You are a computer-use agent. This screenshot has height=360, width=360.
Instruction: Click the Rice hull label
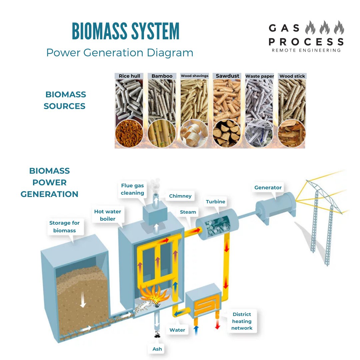point(129,76)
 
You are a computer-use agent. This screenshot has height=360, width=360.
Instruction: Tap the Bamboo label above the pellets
point(162,76)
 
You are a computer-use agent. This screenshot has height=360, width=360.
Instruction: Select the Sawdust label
point(227,76)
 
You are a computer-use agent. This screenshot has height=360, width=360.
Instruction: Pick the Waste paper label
point(260,76)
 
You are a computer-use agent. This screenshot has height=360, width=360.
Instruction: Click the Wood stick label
point(292,76)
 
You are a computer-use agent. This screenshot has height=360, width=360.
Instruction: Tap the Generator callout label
point(268,188)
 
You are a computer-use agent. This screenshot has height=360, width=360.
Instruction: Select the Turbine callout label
point(215,202)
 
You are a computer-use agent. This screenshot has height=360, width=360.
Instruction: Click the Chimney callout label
point(180,196)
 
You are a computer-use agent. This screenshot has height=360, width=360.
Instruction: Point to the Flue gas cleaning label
point(132,189)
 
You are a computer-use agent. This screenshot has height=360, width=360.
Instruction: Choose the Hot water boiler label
point(108,215)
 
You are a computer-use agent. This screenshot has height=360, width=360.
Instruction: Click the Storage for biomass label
point(64,227)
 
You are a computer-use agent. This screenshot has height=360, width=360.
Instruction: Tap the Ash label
point(157,349)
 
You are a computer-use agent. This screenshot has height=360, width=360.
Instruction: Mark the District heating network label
point(242,321)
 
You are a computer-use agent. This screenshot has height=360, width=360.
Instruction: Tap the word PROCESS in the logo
point(306,42)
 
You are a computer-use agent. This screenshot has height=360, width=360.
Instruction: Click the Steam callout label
point(188,212)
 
